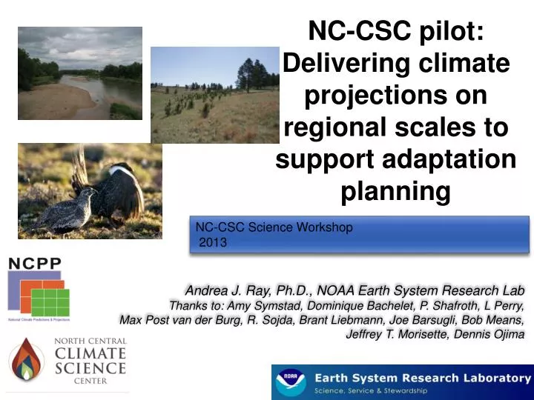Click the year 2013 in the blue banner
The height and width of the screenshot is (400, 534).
pyautogui.click(x=214, y=242)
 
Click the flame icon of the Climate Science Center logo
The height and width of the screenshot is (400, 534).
pyautogui.click(x=25, y=360)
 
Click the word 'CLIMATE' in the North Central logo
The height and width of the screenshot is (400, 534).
pyautogui.click(x=90, y=353)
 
